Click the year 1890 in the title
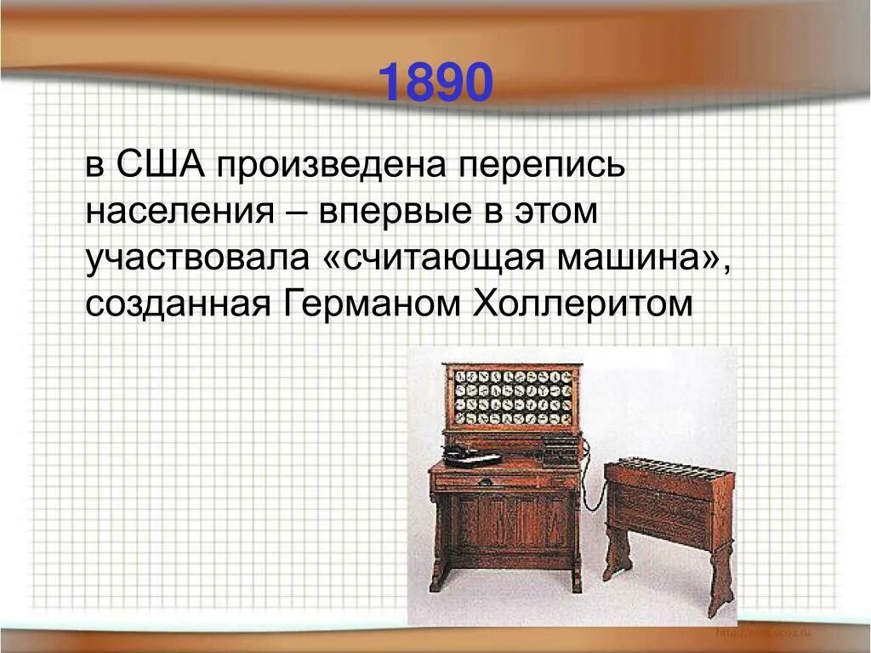435,83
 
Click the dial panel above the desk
512,396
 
